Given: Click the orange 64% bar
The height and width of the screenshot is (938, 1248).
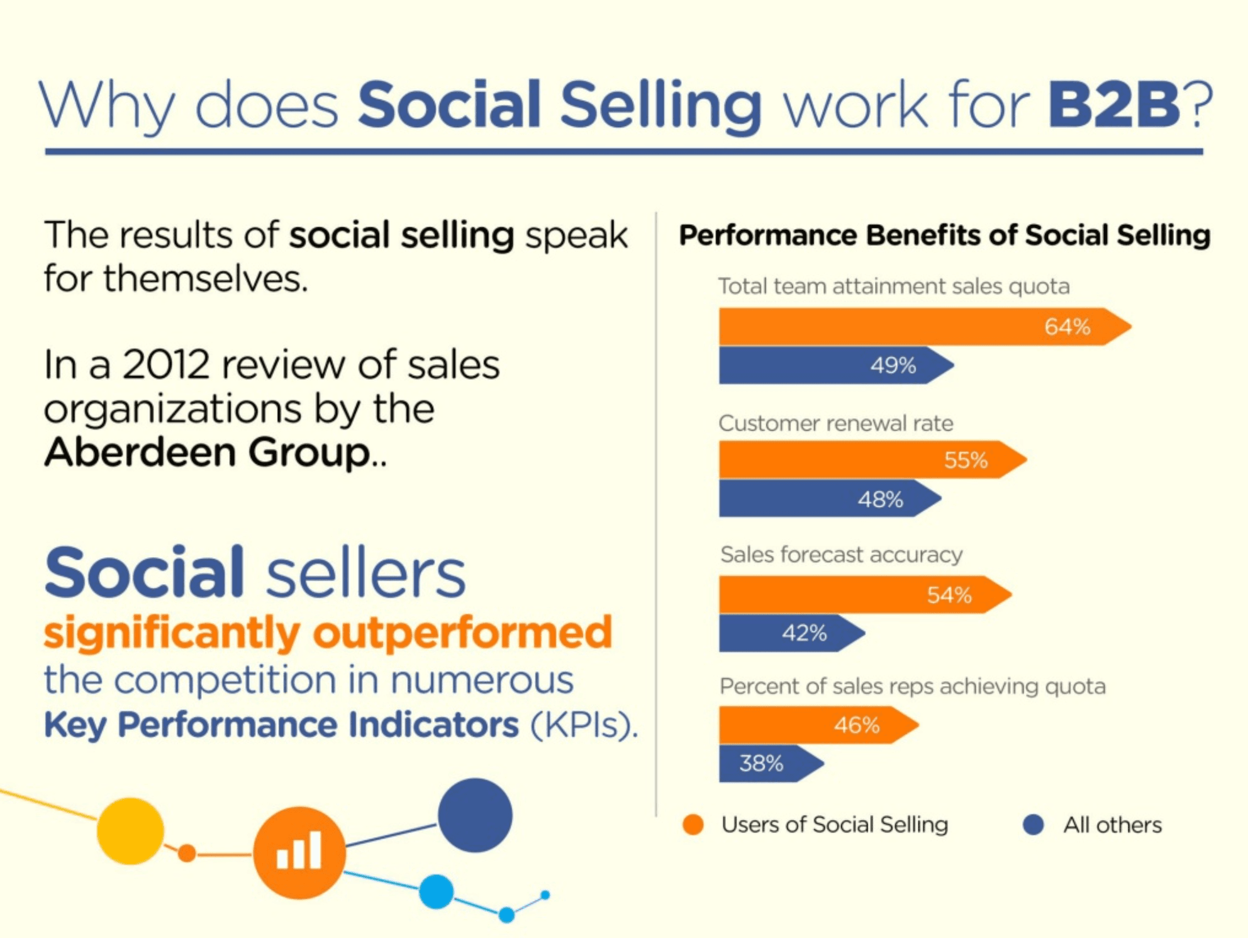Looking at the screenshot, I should [x=918, y=327].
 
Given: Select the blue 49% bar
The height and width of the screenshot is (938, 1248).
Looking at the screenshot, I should [x=830, y=365].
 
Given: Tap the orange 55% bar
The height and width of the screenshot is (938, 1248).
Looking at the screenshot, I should [x=868, y=460].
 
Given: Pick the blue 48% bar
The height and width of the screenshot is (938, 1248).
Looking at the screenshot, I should [x=824, y=499].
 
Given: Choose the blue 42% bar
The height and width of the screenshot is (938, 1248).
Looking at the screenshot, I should [x=786, y=633].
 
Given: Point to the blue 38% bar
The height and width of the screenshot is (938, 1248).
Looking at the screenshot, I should [x=767, y=764].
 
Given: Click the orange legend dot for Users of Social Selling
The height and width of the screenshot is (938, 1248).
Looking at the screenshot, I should [x=693, y=825].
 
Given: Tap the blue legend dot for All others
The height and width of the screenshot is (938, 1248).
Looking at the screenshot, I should [x=1033, y=825].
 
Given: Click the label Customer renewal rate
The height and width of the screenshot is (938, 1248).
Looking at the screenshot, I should [x=835, y=423].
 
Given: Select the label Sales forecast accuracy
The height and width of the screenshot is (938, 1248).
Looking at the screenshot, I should [x=841, y=555].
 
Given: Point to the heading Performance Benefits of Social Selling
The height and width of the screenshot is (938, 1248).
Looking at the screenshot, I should [x=944, y=235].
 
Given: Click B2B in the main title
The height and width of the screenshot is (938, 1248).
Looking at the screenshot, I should [x=1113, y=105].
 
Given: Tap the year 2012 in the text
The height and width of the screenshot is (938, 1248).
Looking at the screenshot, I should [x=165, y=364].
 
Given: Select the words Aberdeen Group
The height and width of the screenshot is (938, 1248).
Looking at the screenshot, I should [x=208, y=452].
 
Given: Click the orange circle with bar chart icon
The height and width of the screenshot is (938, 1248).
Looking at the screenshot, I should [x=299, y=852].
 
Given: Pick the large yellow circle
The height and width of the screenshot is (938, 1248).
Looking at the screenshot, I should [x=130, y=831].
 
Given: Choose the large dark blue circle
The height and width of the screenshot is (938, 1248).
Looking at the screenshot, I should [x=475, y=815].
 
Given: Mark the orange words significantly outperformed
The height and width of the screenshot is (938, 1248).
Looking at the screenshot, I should [x=328, y=633].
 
